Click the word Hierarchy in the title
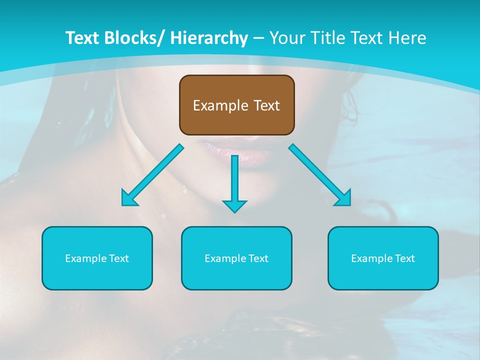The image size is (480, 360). tap(209, 38)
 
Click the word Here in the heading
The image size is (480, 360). tap(407, 38)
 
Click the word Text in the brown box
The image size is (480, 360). tap(266, 105)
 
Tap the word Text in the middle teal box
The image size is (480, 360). tap(257, 258)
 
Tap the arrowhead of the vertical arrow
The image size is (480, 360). tap(234, 205)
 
